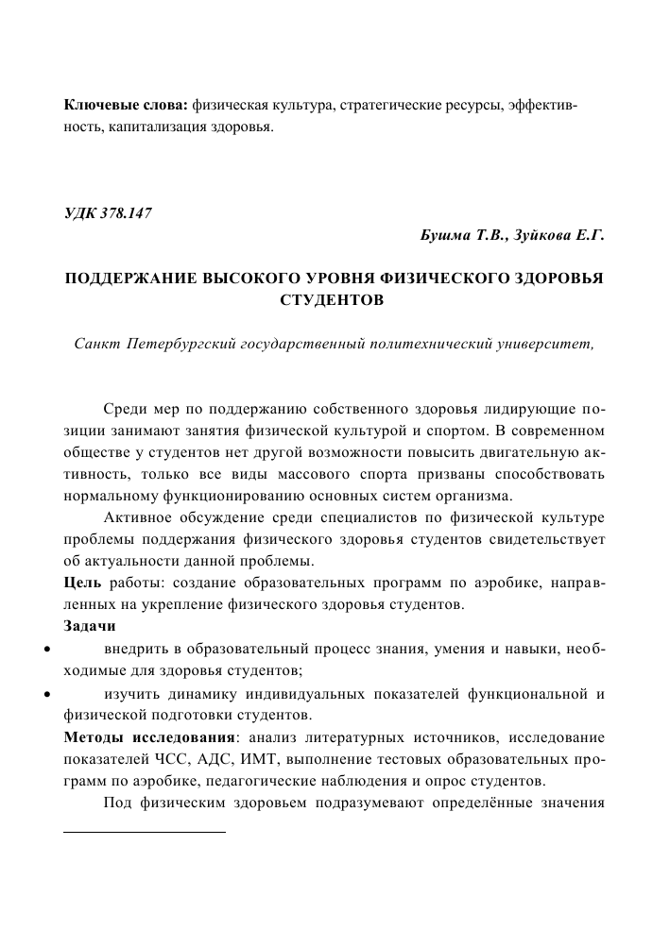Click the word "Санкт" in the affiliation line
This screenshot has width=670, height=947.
97,342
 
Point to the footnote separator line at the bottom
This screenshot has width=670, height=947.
145,833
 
